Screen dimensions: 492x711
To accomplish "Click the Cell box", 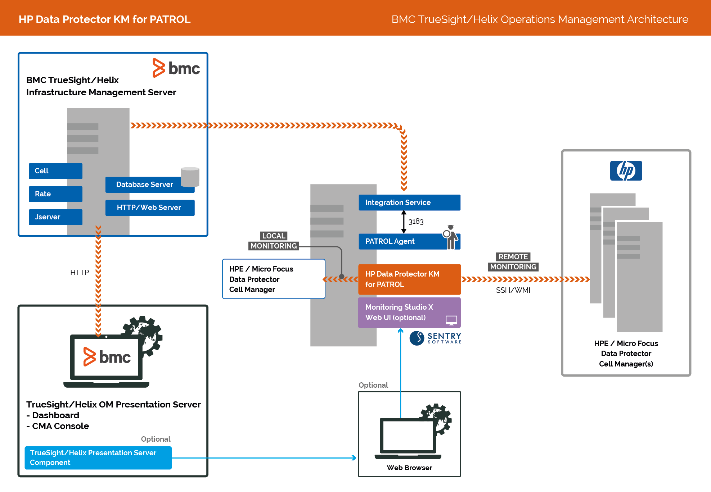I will tap(55, 171).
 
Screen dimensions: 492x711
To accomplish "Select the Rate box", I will tap(55, 194).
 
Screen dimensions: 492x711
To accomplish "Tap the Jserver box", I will tap(55, 217).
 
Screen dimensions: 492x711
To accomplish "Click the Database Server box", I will tap(145, 184).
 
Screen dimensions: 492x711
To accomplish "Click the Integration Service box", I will tap(409, 202).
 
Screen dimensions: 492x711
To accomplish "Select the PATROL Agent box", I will tap(400, 241).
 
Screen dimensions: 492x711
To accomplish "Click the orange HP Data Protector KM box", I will tap(409, 279).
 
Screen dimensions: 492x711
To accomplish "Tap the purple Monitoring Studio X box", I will tap(409, 313).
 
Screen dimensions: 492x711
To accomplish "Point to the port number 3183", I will tap(416, 222).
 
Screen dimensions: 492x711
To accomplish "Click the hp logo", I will tap(626, 170).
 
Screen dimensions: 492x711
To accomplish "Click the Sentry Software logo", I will tap(435, 338).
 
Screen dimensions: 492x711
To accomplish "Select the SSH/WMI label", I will tap(513, 290).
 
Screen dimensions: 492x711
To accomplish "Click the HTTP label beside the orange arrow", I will tap(80, 273).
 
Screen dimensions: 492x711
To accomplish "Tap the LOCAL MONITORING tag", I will tap(274, 241).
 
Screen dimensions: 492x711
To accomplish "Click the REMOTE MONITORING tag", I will tap(513, 262).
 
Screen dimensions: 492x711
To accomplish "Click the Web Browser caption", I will tap(409, 468).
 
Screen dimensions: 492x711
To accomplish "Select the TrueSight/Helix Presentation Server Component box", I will tap(98, 457).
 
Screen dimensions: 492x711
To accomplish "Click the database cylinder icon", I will tap(190, 177).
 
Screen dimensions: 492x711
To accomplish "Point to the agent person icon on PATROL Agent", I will tap(450, 237).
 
